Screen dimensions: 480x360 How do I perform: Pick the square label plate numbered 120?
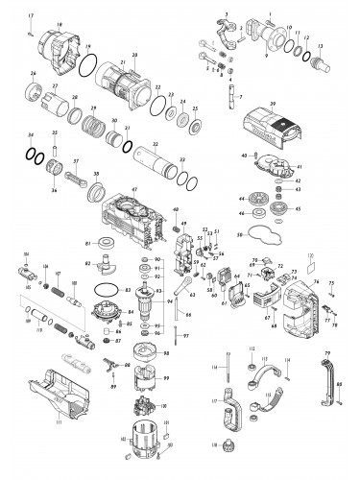309,257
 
